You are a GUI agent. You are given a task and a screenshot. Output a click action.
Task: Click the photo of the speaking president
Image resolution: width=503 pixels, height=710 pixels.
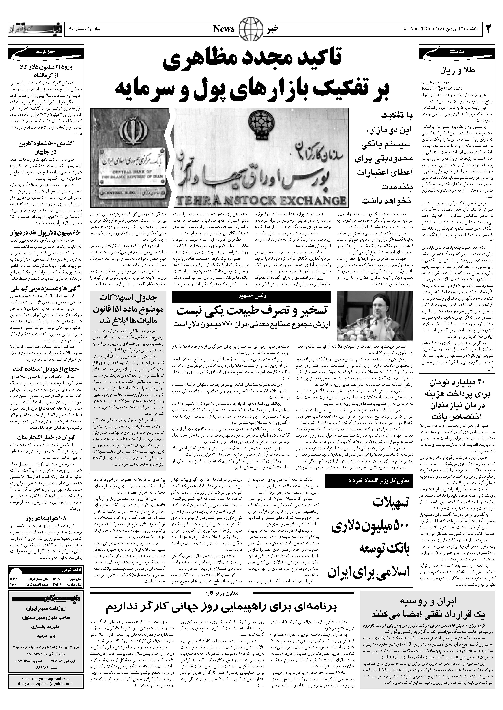375,315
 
